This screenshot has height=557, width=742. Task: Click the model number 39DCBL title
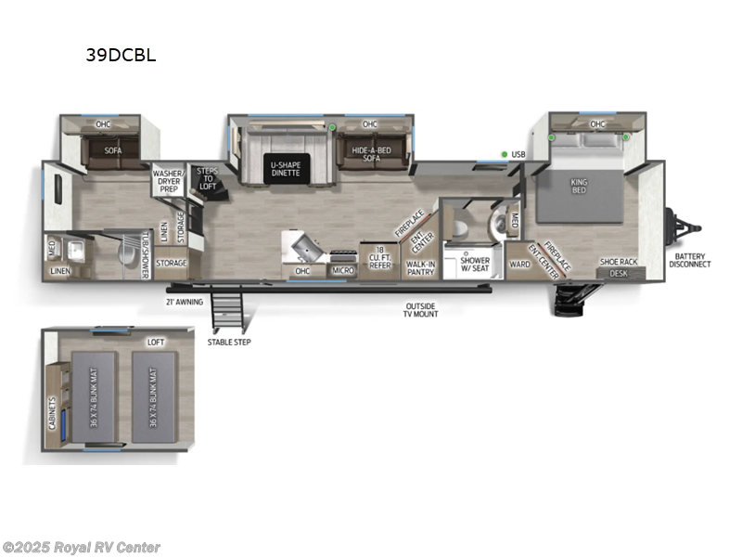click(x=121, y=54)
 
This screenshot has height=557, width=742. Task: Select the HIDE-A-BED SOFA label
click(x=370, y=153)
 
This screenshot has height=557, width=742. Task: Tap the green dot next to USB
click(x=504, y=154)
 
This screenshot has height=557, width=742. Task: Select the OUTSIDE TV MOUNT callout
click(x=420, y=310)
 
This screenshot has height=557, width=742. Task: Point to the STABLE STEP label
click(x=229, y=342)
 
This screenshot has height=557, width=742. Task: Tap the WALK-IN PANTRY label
click(x=421, y=267)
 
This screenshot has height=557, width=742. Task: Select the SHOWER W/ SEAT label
click(x=475, y=265)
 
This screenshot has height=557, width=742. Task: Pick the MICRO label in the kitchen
click(x=342, y=270)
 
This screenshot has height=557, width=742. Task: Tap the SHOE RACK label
click(x=618, y=262)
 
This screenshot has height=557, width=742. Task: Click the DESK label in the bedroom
click(x=619, y=273)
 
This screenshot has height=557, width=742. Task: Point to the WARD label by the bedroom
click(x=519, y=264)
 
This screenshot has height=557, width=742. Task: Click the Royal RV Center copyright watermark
click(x=82, y=548)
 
